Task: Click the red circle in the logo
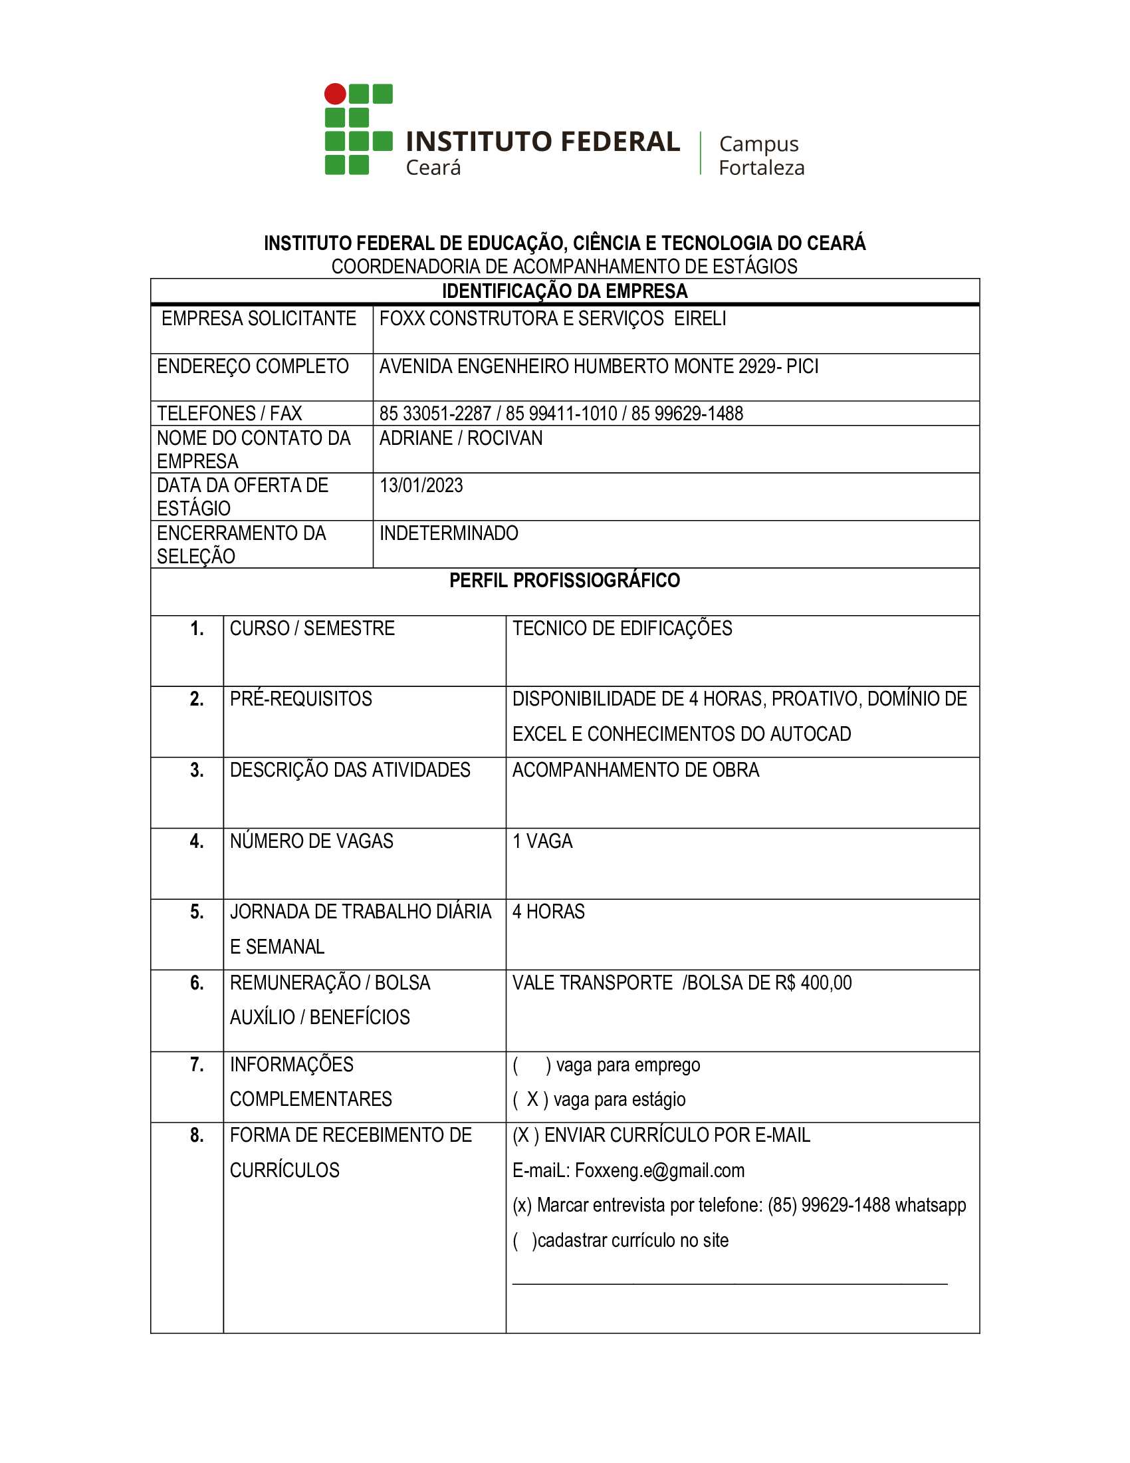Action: [335, 94]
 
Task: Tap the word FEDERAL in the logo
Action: [620, 142]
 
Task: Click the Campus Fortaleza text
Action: [761, 156]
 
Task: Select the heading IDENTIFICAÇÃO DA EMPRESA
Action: [564, 291]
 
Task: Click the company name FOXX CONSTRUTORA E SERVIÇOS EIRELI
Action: [552, 319]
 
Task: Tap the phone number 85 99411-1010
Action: [561, 414]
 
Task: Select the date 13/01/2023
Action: [421, 485]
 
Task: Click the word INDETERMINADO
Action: [449, 533]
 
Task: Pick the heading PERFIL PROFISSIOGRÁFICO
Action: [564, 581]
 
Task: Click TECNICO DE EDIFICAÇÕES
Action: [622, 628]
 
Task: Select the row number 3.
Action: [197, 770]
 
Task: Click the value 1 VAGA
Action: [542, 841]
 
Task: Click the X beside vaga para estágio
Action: [532, 1100]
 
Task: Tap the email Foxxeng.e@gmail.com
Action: [659, 1171]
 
